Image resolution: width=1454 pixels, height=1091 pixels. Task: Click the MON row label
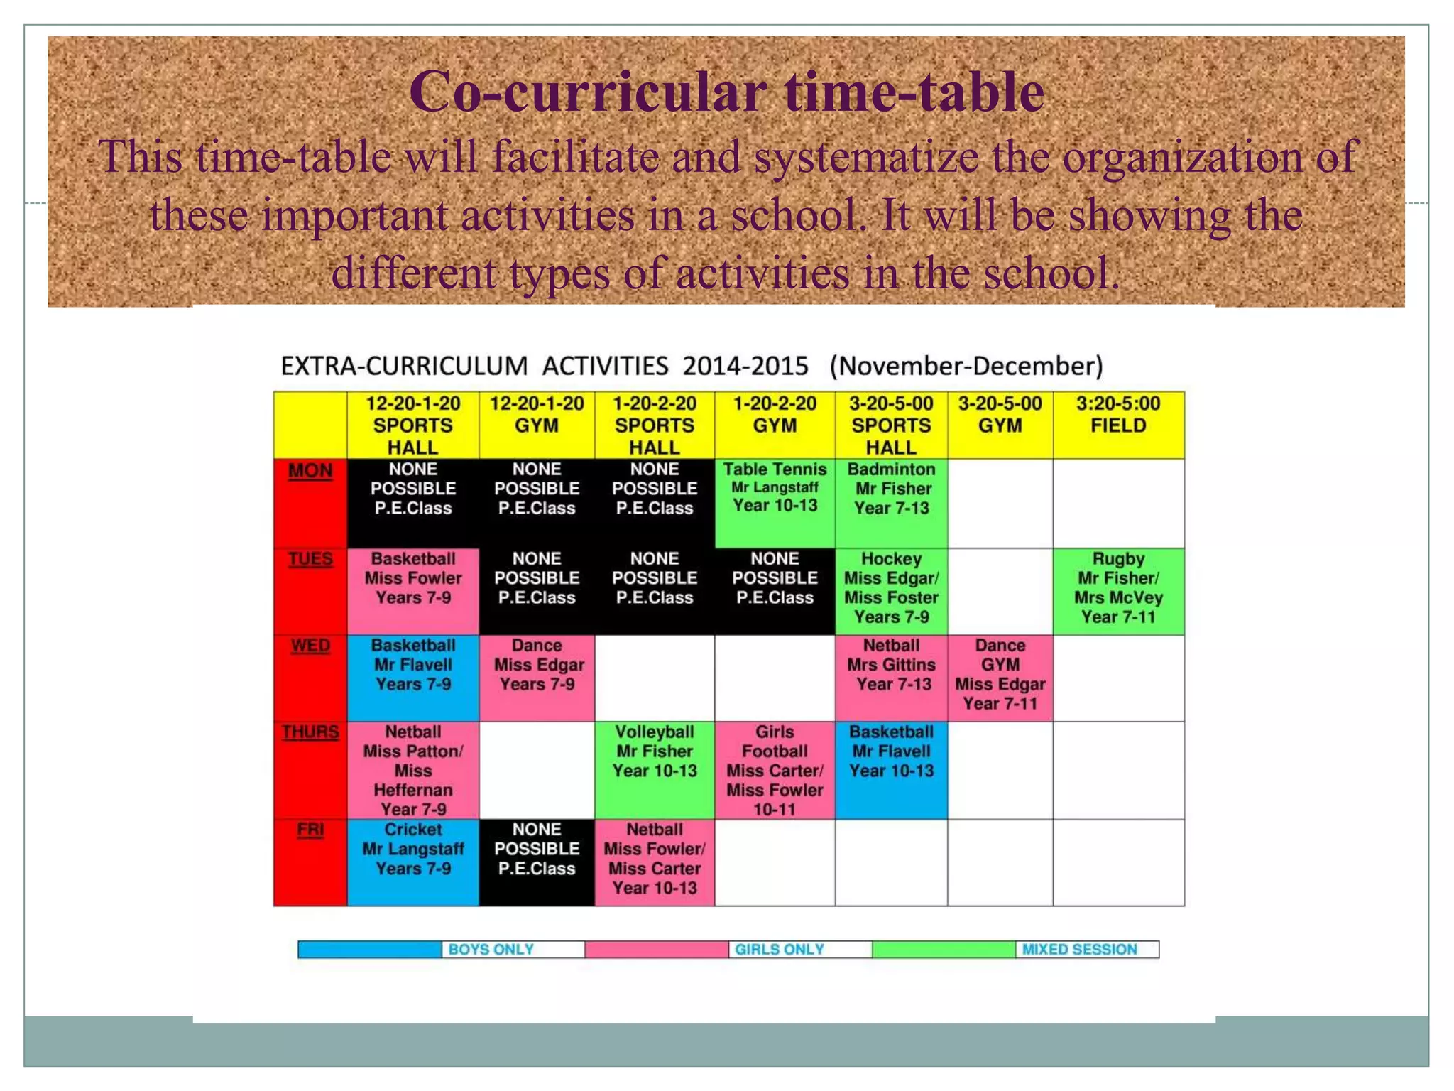[310, 471]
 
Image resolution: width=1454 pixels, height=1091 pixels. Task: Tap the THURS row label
[310, 732]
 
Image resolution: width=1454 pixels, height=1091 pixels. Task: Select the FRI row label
[310, 830]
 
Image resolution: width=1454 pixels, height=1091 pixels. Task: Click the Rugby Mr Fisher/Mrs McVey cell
[1118, 590]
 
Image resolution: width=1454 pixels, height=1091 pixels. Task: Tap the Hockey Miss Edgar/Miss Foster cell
[891, 590]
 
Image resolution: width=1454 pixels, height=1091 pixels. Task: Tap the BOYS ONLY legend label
[491, 950]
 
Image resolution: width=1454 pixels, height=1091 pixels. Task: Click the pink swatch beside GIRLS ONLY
[657, 950]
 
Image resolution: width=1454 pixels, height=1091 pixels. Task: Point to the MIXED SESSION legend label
[1079, 950]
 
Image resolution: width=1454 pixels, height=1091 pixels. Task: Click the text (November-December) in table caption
[966, 367]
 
